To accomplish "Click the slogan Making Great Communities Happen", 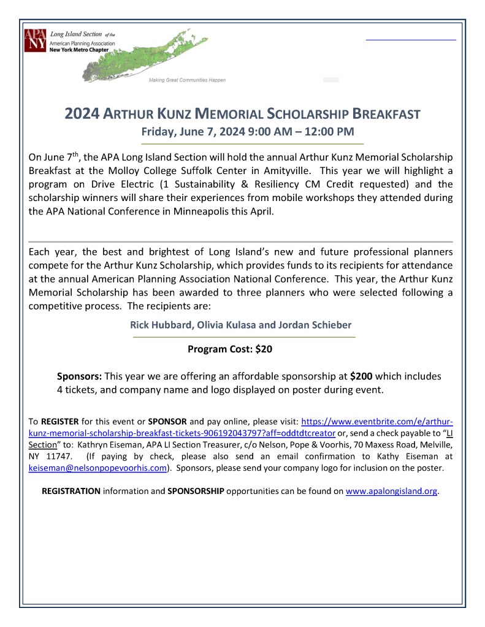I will [187, 80].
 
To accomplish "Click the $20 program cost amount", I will [264, 349].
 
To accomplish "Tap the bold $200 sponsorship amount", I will [361, 376].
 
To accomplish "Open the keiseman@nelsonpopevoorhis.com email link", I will [98, 468].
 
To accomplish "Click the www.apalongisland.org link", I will [392, 491].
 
